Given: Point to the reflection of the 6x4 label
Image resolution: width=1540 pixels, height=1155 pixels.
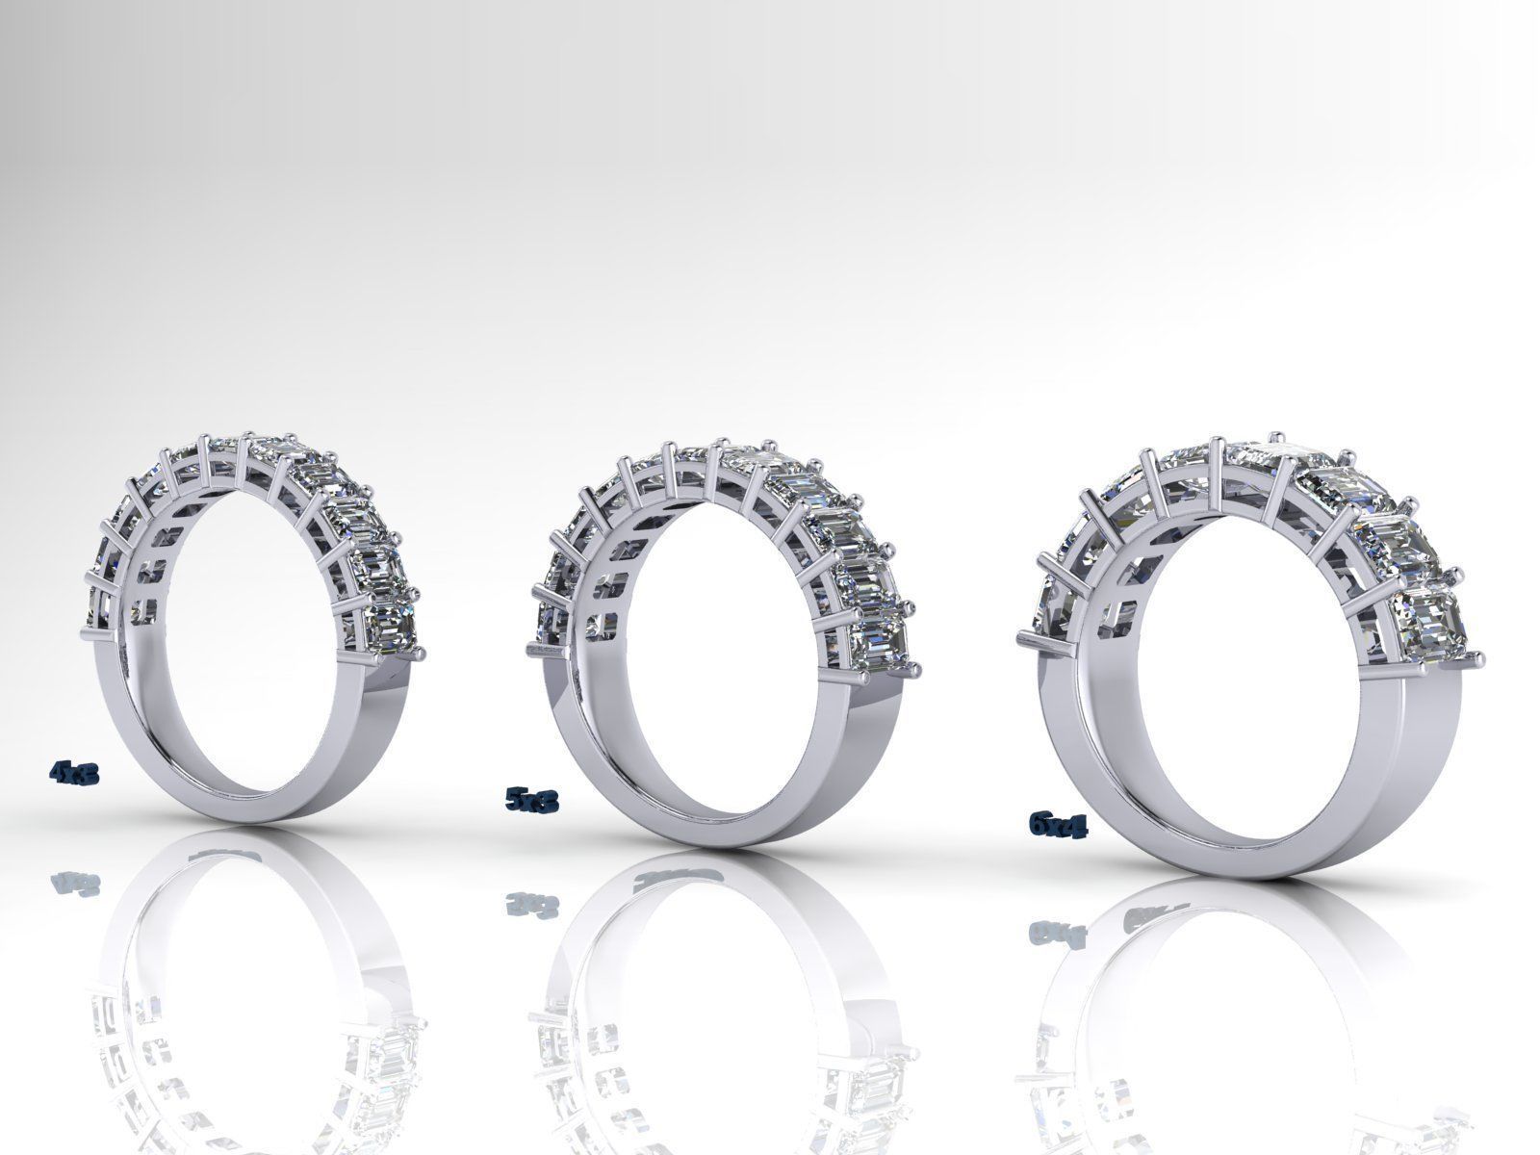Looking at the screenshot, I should pyautogui.click(x=1052, y=932).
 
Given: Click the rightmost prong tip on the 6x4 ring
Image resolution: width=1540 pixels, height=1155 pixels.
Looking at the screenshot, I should pyautogui.click(x=1479, y=657).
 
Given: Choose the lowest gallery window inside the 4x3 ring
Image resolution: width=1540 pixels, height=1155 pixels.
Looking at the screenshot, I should pyautogui.click(x=147, y=609).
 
